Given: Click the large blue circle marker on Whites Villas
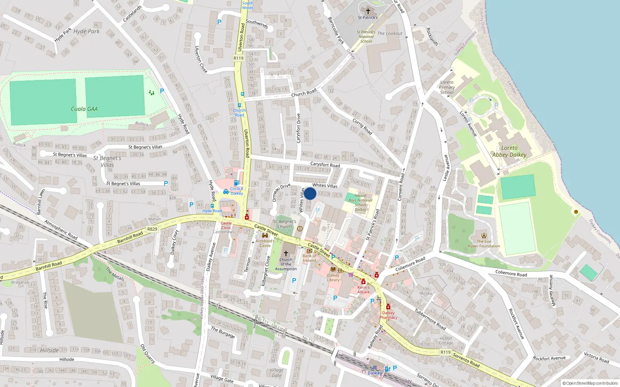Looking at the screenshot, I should [x=310, y=193].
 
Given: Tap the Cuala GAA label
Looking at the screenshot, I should [x=84, y=109].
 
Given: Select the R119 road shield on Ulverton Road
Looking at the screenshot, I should [x=238, y=58].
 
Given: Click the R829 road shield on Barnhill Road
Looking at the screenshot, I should [x=152, y=229].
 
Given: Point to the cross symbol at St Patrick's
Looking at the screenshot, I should [x=368, y=11].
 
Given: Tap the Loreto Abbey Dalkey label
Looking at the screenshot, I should [x=509, y=151].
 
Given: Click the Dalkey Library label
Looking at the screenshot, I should [x=333, y=277].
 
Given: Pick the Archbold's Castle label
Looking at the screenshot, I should [x=265, y=243].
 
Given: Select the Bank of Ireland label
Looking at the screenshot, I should [x=309, y=258].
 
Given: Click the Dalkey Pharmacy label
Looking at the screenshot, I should [x=388, y=315].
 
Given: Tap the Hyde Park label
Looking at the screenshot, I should [x=86, y=31].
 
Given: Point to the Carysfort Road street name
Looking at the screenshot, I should [x=325, y=164].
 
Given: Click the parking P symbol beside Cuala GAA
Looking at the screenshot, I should [x=162, y=91].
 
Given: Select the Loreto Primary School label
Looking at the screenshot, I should [x=447, y=87].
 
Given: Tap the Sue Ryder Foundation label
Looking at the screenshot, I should [x=484, y=243].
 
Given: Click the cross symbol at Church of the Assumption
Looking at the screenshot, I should [x=286, y=253].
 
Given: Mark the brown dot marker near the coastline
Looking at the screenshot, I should [x=576, y=212].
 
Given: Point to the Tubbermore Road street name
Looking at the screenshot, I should [x=430, y=319].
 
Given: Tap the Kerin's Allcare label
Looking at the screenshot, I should [x=363, y=289].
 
